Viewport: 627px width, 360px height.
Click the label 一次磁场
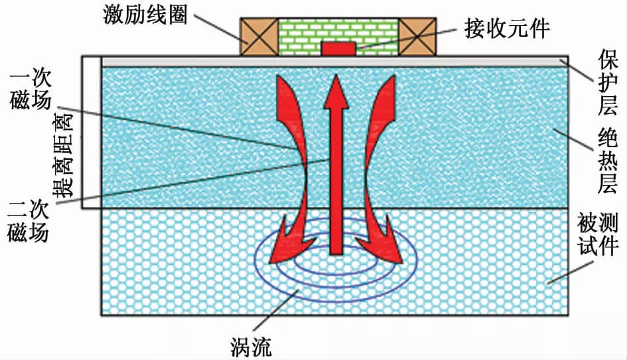(27, 92)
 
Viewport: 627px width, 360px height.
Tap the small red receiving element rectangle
(338, 48)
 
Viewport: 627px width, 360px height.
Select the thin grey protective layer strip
(332, 62)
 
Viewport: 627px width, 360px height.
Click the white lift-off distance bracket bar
(90, 133)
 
